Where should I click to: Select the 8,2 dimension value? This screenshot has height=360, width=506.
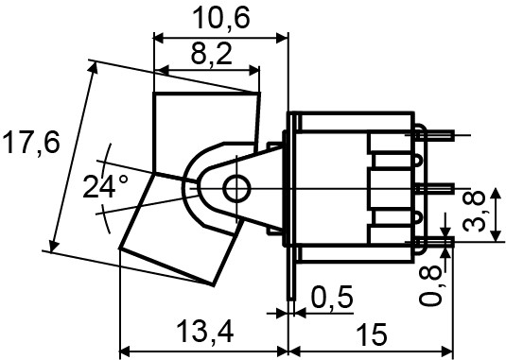coord(210,56)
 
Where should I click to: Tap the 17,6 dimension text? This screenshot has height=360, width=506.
coord(30,144)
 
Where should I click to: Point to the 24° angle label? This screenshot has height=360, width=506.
coord(105,186)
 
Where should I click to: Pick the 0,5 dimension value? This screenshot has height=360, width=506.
coord(331,298)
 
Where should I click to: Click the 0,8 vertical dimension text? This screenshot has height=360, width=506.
coord(431,283)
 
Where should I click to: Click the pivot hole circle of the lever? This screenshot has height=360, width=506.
coord(236,189)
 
